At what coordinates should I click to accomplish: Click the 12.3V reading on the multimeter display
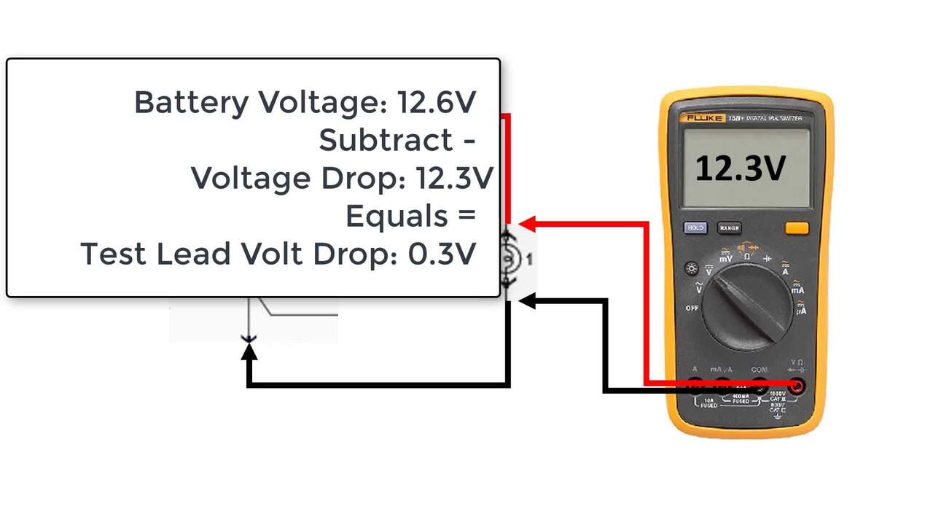740,168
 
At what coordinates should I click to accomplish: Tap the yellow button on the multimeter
797,228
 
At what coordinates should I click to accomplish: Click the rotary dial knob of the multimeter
747,306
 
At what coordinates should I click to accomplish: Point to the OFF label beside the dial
692,308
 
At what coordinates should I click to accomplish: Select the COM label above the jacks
759,370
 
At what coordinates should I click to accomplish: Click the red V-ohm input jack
797,386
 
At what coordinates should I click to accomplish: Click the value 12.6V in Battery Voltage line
437,102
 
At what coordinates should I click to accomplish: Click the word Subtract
386,140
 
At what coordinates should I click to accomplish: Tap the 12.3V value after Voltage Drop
454,178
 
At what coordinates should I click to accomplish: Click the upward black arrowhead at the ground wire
249,352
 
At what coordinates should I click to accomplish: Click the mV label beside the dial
727,258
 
